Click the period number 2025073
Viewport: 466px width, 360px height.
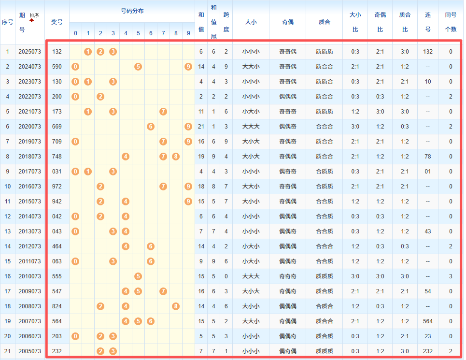[x=30, y=52]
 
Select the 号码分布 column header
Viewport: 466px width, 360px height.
[x=132, y=11]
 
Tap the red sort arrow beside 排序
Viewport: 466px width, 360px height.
[x=32, y=21]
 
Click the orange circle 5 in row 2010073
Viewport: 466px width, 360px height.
[x=138, y=276]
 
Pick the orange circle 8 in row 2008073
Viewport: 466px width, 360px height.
[x=176, y=306]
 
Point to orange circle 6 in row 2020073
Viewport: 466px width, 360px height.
[x=151, y=127]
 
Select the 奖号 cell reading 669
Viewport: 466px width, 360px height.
[x=57, y=127]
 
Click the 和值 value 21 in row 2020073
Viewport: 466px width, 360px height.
[x=201, y=127]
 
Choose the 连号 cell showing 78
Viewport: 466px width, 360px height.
[x=428, y=157]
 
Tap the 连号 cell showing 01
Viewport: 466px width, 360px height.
[x=428, y=172]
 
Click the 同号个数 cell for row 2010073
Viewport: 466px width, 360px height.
[x=451, y=276]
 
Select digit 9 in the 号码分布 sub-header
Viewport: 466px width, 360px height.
[x=188, y=33]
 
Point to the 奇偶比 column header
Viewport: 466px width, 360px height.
[x=380, y=22]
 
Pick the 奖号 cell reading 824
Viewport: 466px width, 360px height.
[x=57, y=306]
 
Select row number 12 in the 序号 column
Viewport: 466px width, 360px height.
[x=8, y=216]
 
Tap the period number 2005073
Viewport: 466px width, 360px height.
[x=30, y=351]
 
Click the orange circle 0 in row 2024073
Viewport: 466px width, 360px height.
[x=75, y=67]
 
